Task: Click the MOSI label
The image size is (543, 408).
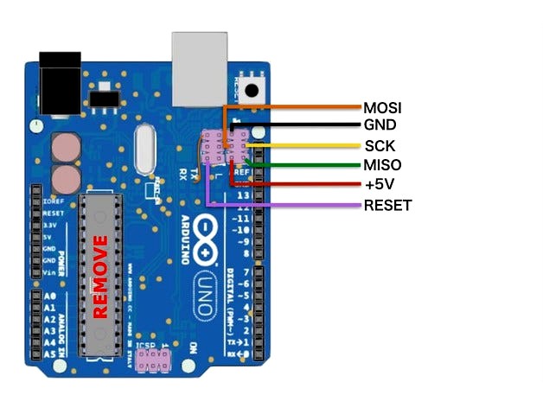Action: coord(382,108)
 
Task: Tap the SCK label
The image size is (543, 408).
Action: coord(380,145)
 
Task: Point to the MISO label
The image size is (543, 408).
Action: coord(382,165)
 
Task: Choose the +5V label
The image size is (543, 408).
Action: coord(379,185)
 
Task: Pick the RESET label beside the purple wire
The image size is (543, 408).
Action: coord(387,205)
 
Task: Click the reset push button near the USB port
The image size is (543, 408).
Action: coord(253,89)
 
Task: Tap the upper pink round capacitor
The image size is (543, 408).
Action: coord(65,148)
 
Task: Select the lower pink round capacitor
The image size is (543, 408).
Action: coord(65,180)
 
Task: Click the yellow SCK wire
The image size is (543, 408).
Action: coord(303,145)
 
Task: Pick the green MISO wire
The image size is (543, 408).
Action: coord(303,165)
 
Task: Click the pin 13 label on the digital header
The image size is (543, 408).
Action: coord(243,196)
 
